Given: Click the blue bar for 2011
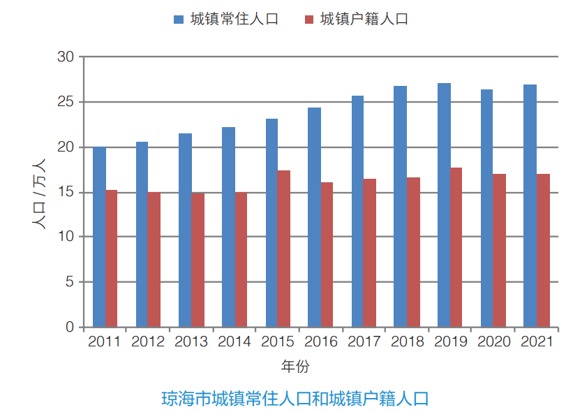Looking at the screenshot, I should [99, 237].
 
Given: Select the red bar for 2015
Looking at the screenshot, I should [283, 249].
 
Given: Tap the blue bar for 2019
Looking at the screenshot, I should [444, 205].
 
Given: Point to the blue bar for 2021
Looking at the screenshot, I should [530, 206].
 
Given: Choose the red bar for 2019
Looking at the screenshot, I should [456, 247].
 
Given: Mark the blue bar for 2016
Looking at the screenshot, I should [315, 217].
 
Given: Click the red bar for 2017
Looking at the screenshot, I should [370, 253].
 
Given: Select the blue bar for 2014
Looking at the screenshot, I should [228, 227].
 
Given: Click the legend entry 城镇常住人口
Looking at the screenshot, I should [226, 19].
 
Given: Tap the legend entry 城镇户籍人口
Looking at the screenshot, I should [356, 19].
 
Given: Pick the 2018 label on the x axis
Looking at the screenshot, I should [408, 342].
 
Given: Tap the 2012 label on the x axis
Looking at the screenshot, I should [148, 342].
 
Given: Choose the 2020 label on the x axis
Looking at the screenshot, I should [494, 342].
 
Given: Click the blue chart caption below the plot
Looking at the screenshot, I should [295, 399].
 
